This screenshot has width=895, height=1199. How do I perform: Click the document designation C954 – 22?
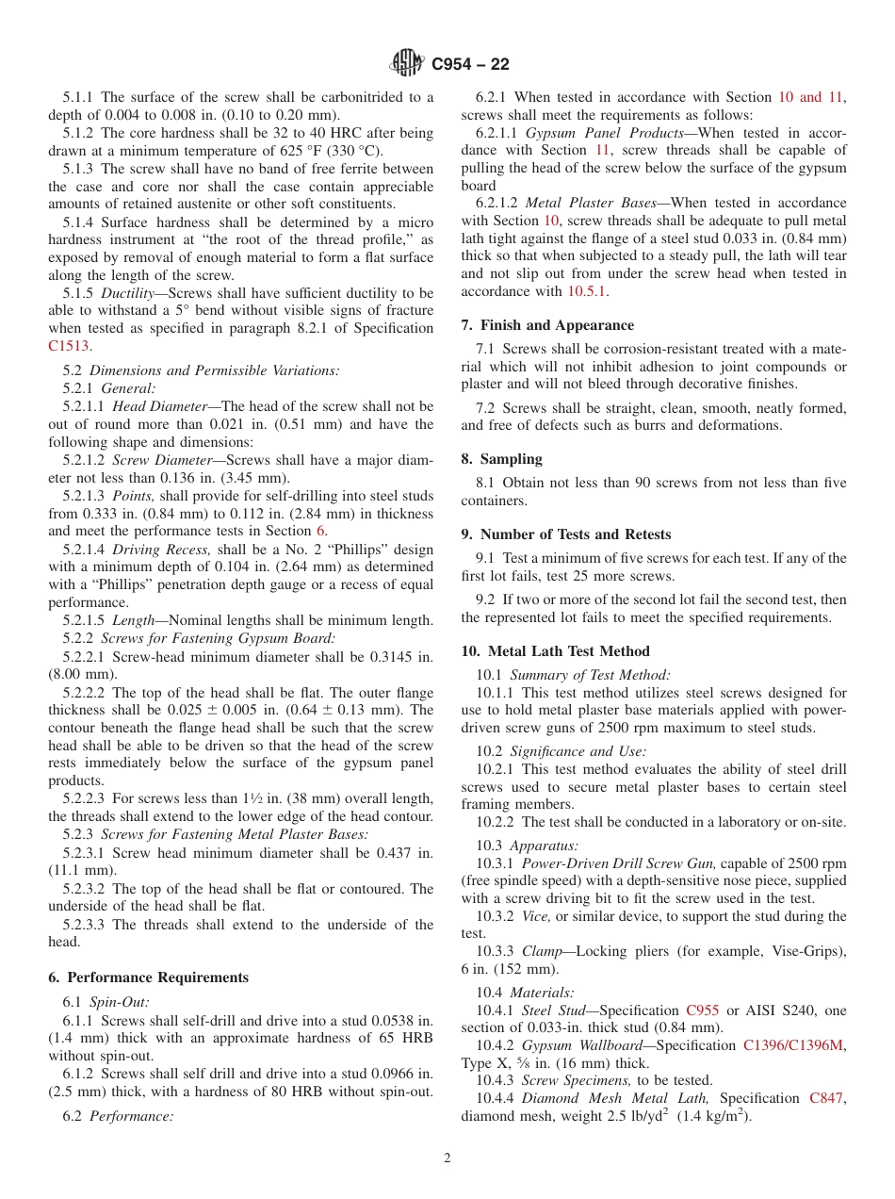pos(470,65)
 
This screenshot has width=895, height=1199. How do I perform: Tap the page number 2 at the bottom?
pos(447,1158)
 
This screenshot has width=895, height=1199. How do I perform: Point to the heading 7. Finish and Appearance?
pos(547,325)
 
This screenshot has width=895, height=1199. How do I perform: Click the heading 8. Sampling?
pos(501,459)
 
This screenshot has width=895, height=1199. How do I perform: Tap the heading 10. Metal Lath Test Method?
pos(555,651)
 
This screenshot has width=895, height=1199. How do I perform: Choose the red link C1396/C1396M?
pos(794,1045)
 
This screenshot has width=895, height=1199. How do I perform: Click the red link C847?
pos(827,1098)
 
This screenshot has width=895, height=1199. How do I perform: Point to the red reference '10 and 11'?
pos(810,97)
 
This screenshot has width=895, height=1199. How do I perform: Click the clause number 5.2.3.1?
pos(82,853)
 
